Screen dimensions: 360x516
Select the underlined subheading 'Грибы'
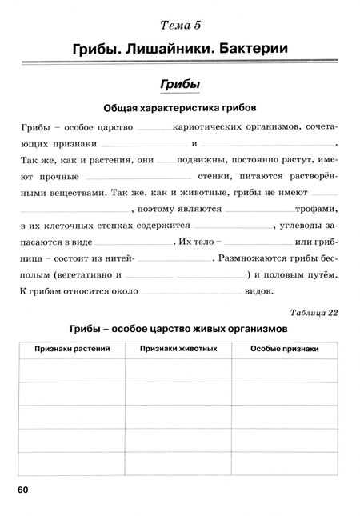(x=180, y=84)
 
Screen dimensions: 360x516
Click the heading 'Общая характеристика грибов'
(x=179, y=107)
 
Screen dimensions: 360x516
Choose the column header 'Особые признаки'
(x=285, y=350)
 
